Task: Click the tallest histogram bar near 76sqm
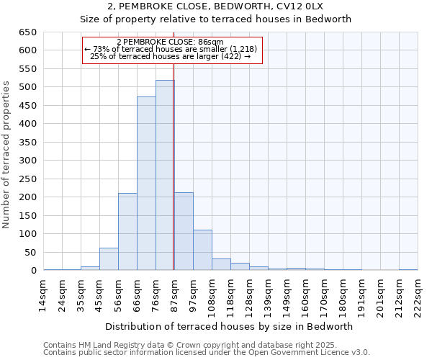165,176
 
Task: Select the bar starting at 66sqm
146,184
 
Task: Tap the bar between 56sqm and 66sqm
127,232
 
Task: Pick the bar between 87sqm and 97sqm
184,232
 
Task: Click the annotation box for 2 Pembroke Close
172,50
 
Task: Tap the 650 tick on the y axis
27,32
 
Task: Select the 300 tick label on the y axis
27,161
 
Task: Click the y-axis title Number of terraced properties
7,154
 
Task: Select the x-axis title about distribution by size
233,326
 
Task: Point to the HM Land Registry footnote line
206,345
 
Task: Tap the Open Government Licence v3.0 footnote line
206,353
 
